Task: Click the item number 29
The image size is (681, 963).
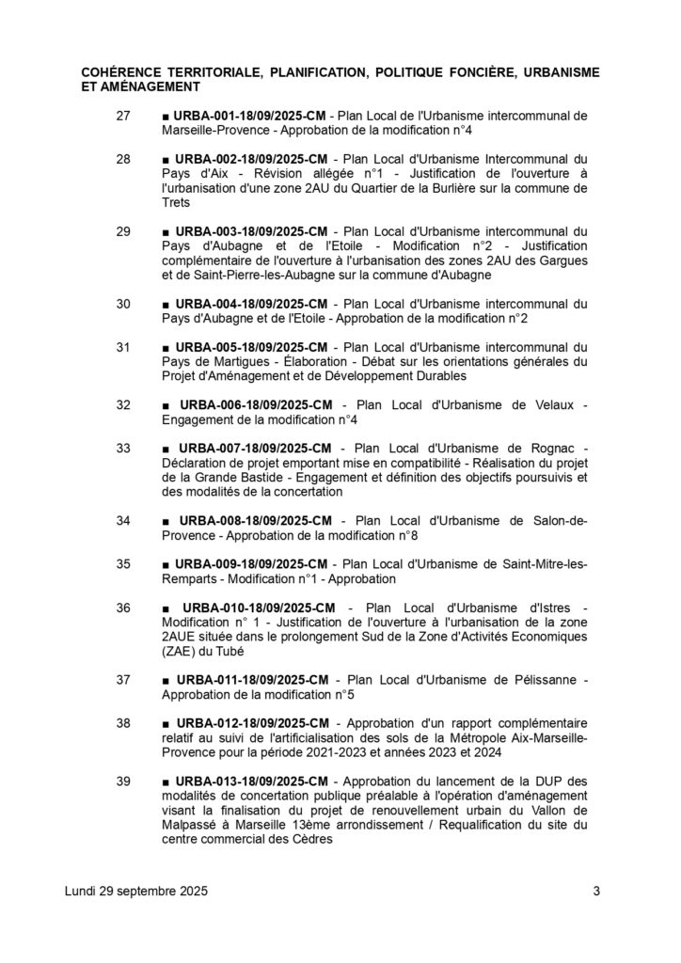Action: coord(122,230)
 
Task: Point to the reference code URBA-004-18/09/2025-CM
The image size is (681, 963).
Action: coord(251,304)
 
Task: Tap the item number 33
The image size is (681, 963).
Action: coord(122,449)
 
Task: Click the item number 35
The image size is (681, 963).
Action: coord(122,564)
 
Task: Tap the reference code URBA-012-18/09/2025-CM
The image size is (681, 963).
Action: coord(251,724)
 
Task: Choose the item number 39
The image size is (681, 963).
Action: coord(122,782)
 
